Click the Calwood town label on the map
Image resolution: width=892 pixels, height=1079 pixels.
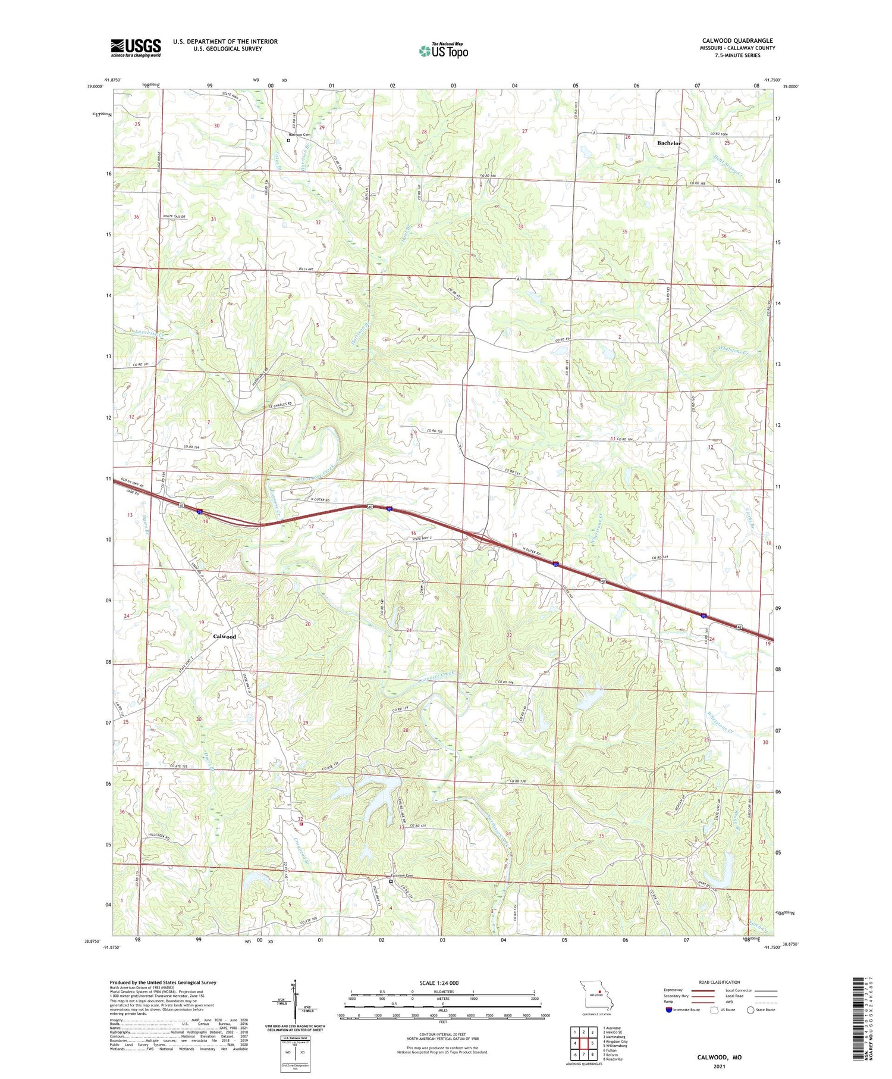click(x=225, y=636)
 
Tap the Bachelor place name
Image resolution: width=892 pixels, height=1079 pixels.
click(x=669, y=143)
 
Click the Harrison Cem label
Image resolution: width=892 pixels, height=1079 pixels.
click(x=299, y=135)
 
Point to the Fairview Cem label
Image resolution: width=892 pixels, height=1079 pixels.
click(x=401, y=876)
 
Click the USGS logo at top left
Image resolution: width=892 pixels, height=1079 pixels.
click(x=136, y=48)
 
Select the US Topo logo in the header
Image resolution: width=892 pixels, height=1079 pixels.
click(x=443, y=51)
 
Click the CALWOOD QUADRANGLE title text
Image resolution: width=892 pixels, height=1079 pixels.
click(x=737, y=41)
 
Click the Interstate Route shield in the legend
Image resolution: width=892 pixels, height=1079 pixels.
click(x=670, y=1010)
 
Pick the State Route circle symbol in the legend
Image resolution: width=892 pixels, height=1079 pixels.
click(x=750, y=1010)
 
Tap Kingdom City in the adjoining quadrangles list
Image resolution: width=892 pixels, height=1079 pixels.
click(x=615, y=1042)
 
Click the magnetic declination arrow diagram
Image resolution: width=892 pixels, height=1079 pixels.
click(x=295, y=1000)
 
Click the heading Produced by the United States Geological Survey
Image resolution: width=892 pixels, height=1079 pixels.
click(x=163, y=983)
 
